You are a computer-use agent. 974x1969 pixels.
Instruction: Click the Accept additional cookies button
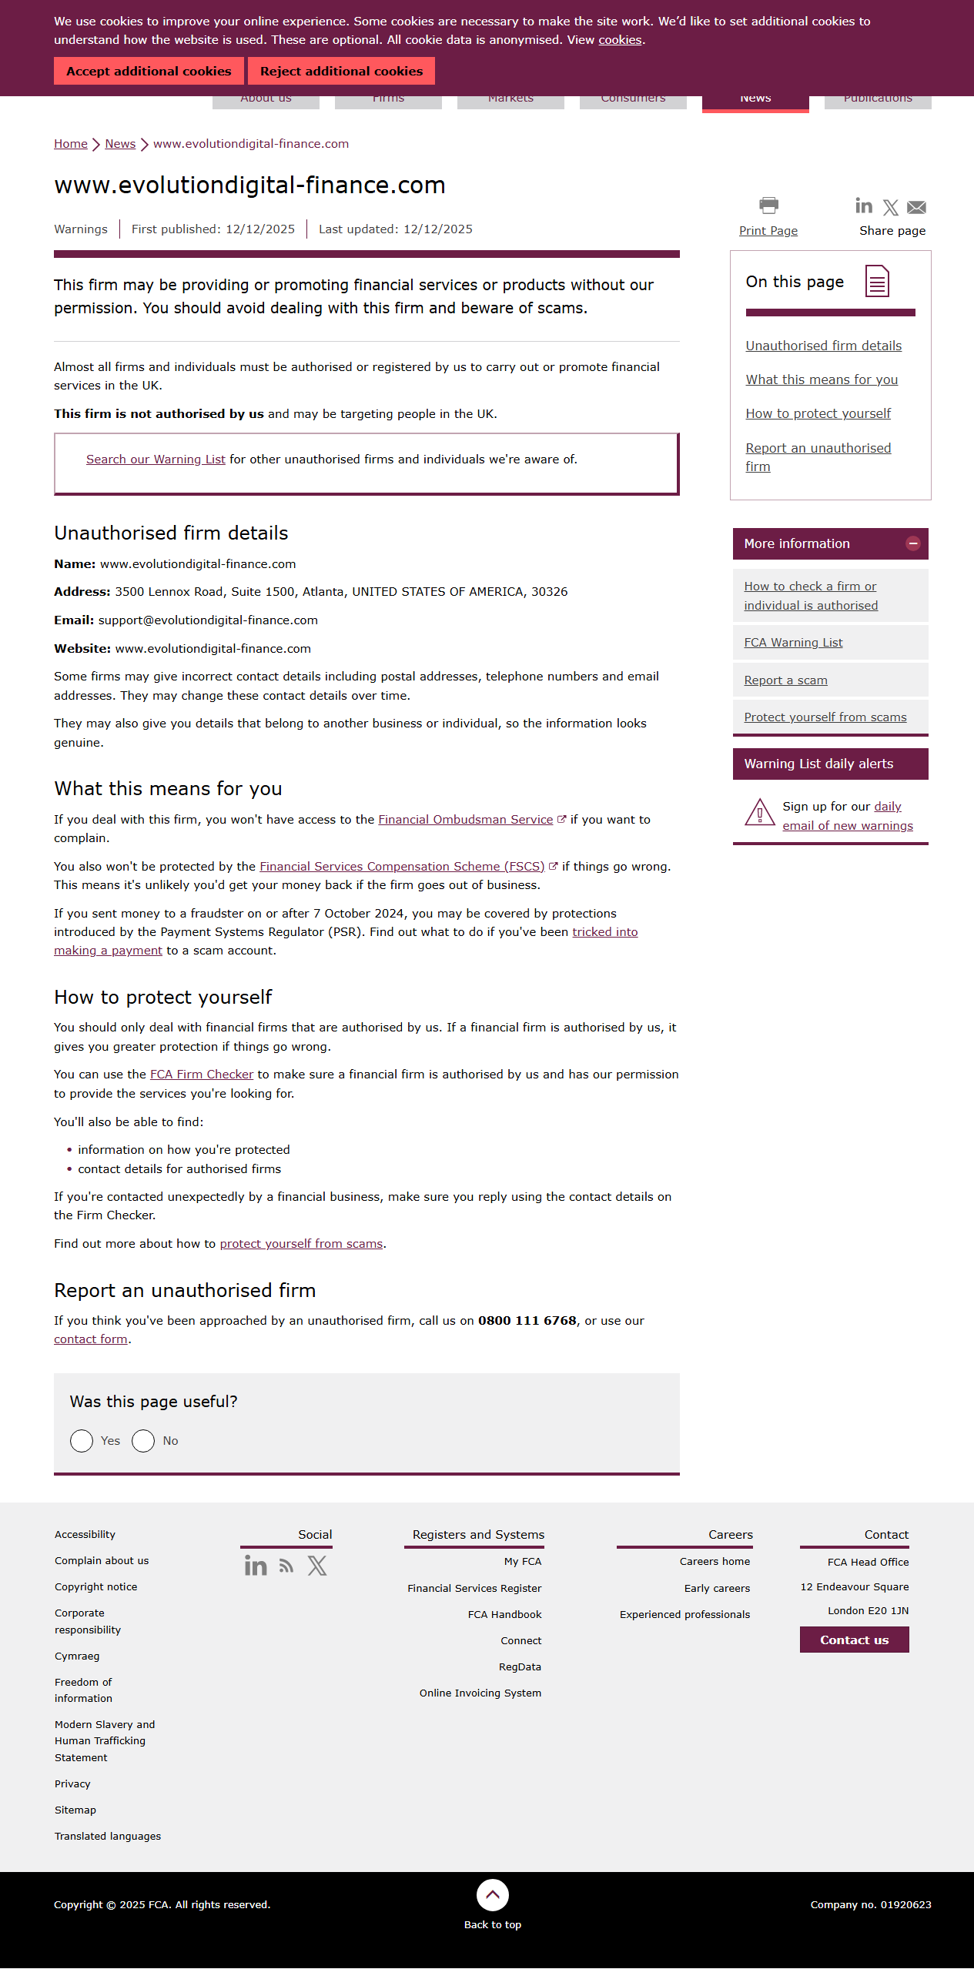pos(149,71)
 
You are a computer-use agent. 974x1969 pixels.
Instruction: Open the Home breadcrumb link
pos(70,144)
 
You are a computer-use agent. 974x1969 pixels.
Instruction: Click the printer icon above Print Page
pos(768,206)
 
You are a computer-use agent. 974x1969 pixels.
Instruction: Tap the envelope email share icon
pos(916,207)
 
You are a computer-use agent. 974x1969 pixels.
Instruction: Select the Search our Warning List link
pos(156,460)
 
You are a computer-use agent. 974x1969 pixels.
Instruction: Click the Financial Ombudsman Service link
pos(465,820)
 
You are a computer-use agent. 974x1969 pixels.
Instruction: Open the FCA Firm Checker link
pos(202,1075)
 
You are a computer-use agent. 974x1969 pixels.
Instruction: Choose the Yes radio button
pos(82,1441)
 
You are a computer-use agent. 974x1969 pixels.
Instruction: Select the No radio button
pos(143,1441)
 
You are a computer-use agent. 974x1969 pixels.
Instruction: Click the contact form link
pos(91,1339)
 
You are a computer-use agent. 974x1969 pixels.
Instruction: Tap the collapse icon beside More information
pos(913,543)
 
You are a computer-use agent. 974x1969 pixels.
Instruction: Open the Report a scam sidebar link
pos(785,680)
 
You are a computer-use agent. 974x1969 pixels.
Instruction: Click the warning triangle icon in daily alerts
pos(760,812)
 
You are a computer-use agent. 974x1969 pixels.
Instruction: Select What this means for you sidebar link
pos(822,380)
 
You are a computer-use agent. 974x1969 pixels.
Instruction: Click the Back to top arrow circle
pos(493,1895)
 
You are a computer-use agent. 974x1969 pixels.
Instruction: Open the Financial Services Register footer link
pos(474,1589)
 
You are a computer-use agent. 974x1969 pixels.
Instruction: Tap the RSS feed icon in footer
pos(286,1566)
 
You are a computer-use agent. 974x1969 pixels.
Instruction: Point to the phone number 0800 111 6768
pos(527,1321)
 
